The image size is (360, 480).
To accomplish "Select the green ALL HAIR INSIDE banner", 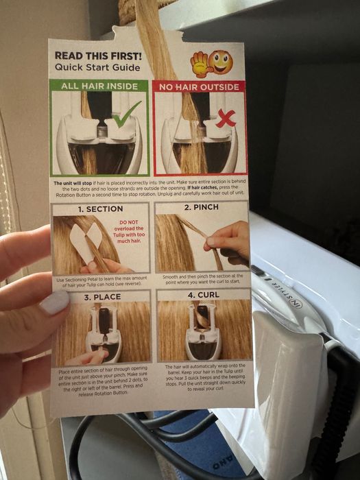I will tap(99, 86).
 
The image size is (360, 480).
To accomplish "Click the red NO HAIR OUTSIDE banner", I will tap(198, 86).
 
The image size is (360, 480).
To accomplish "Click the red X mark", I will tap(226, 119).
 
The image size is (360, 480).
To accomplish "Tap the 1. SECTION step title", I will tap(100, 208).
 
